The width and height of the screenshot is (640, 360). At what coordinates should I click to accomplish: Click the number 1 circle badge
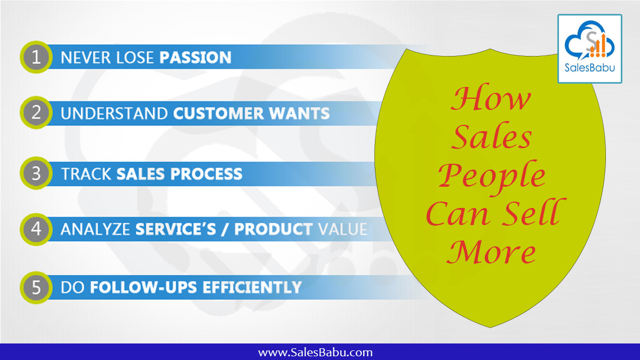(36, 57)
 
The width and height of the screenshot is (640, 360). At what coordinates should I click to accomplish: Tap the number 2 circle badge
(36, 113)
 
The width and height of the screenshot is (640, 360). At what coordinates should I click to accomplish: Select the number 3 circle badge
(36, 173)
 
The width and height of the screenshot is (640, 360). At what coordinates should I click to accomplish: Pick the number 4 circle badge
(36, 229)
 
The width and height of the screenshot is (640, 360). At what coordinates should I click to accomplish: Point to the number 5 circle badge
(36, 287)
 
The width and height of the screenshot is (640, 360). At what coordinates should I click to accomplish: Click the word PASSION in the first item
(196, 57)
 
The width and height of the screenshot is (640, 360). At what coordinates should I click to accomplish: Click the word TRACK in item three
(86, 174)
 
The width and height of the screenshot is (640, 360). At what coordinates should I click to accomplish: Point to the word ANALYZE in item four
(95, 229)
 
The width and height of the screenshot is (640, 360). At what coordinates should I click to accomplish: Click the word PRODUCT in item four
(274, 229)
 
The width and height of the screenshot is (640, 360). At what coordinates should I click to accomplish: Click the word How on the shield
(491, 100)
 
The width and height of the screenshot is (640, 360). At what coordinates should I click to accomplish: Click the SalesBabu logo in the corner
(589, 49)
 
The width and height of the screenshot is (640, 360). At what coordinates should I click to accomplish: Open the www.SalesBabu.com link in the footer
(315, 352)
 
